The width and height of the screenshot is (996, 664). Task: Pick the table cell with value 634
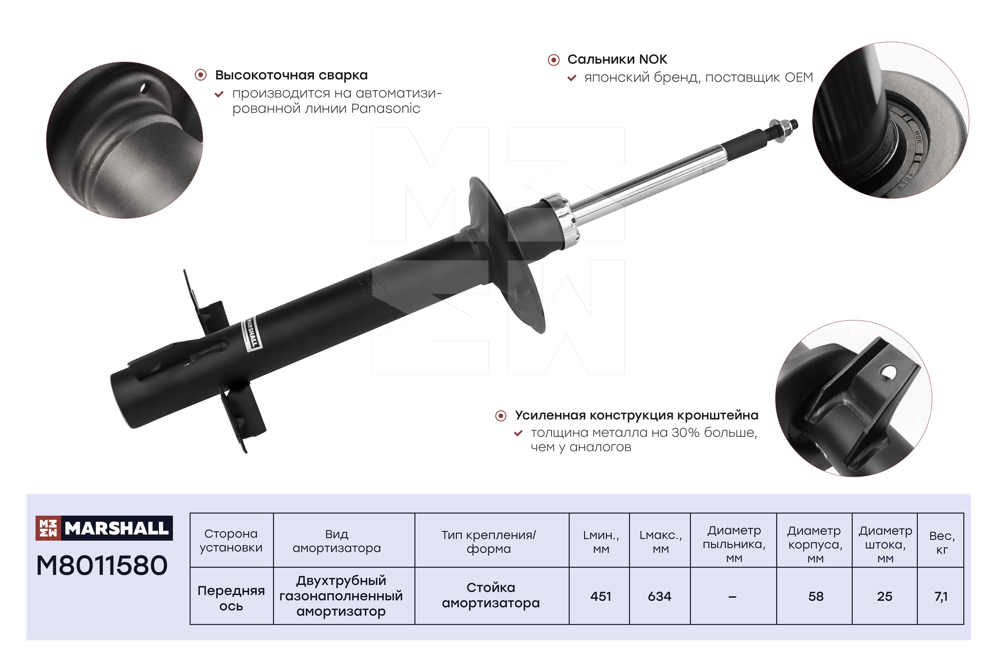(660, 596)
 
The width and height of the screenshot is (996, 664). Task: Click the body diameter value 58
(816, 596)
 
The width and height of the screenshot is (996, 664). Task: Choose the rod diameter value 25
(885, 596)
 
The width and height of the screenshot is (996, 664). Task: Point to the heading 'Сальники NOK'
(617, 59)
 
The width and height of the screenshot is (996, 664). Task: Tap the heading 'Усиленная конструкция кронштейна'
(636, 416)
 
